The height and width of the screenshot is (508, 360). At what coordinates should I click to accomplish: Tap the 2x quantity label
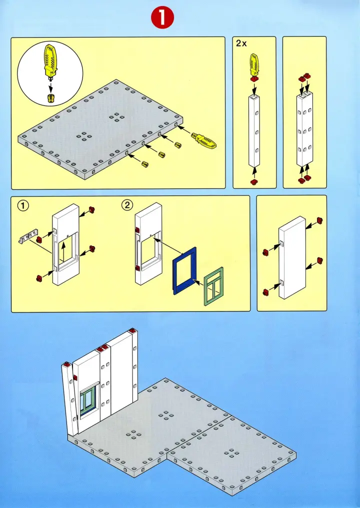pos(241,43)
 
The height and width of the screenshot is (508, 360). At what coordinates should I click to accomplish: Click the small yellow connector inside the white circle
pos(50,97)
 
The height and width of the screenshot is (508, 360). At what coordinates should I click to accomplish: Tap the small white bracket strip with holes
pos(29,236)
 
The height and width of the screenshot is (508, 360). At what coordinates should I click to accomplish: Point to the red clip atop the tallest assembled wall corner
pos(133,331)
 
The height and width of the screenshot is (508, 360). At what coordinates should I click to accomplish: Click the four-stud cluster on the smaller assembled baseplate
pos(231,453)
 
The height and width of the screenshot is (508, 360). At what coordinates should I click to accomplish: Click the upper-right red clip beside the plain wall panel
pos(318,220)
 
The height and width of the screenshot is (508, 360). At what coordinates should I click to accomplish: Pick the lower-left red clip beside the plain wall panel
pos(266,291)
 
